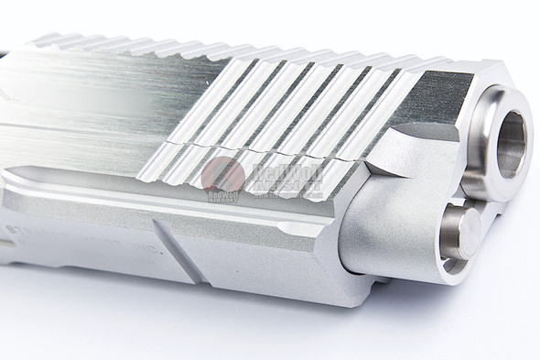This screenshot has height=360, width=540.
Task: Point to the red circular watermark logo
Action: tap(221, 175)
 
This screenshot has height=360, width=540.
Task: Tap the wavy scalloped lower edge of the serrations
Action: tap(275, 188)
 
